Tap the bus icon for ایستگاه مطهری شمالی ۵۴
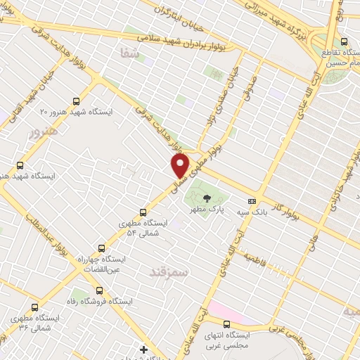[143, 212]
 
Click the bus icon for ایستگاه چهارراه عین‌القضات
[102, 248]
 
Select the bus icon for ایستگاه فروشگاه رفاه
[98, 290]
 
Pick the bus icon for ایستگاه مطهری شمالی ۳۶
[35, 307]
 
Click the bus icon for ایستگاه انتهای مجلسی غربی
[226, 324]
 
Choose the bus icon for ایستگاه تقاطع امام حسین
[344, 42]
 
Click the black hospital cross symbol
[144, 349]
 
